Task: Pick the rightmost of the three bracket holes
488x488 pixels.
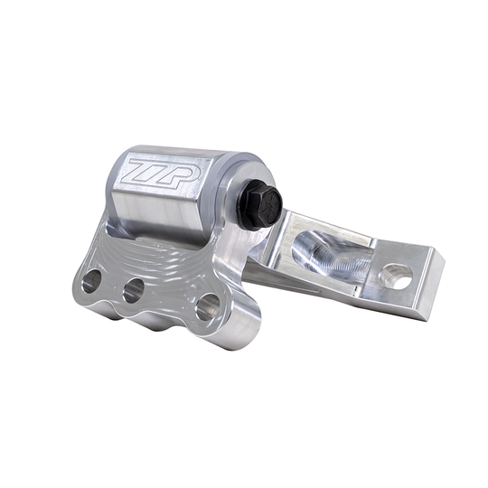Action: (x=206, y=306)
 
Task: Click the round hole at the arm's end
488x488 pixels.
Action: (x=396, y=276)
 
